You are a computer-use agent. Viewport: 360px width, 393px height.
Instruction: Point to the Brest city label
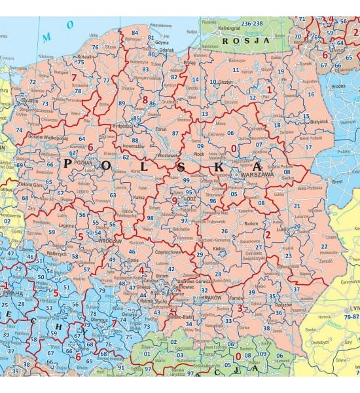point(338,181)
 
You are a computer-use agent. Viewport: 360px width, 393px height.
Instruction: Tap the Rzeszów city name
point(283,304)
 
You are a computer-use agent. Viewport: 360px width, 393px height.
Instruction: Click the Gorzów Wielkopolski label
point(48,138)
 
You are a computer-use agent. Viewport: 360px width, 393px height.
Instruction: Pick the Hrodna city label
point(338,85)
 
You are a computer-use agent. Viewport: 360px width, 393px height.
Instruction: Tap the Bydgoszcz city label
point(122,124)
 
